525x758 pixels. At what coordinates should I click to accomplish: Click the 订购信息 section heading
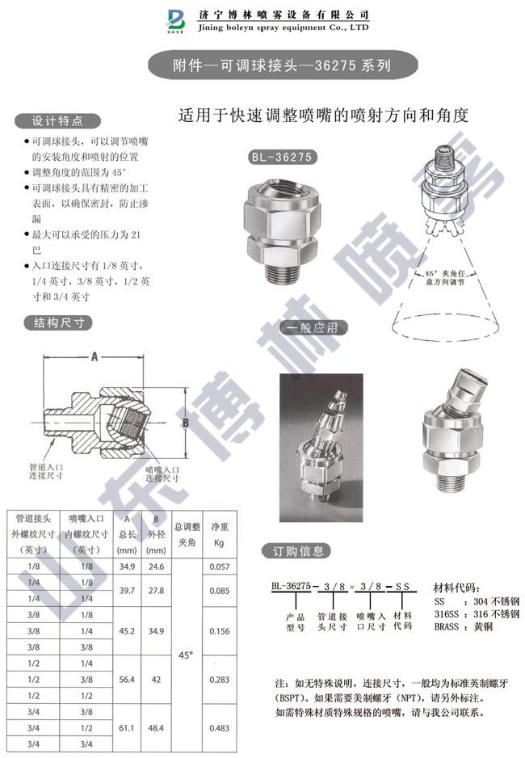pyautogui.click(x=296, y=552)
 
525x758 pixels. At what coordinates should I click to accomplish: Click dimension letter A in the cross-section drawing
pyautogui.click(x=94, y=356)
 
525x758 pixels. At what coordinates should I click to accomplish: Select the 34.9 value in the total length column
pyautogui.click(x=127, y=567)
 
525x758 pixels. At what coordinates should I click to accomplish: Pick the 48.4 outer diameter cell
pyautogui.click(x=156, y=728)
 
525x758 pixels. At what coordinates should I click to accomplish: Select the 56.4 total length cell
pyautogui.click(x=127, y=680)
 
